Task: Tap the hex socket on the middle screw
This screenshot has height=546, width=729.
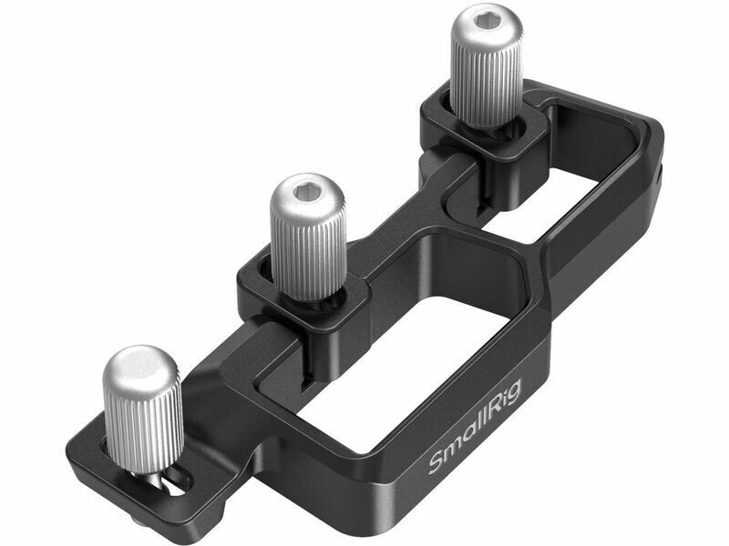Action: (307, 189)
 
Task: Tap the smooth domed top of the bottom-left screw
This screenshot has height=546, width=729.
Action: (140, 367)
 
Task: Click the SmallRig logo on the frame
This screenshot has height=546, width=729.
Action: (474, 426)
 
